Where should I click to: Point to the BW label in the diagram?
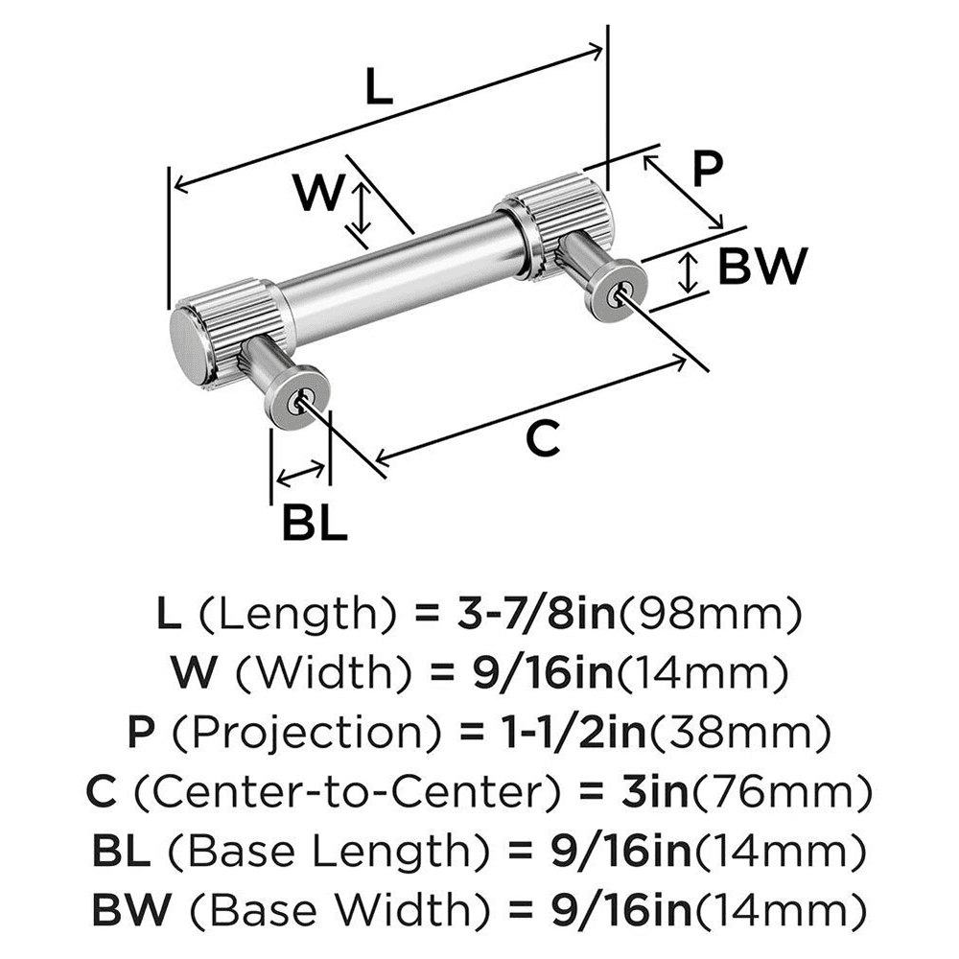pyautogui.click(x=762, y=268)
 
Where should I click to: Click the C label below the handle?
pyautogui.click(x=543, y=438)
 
